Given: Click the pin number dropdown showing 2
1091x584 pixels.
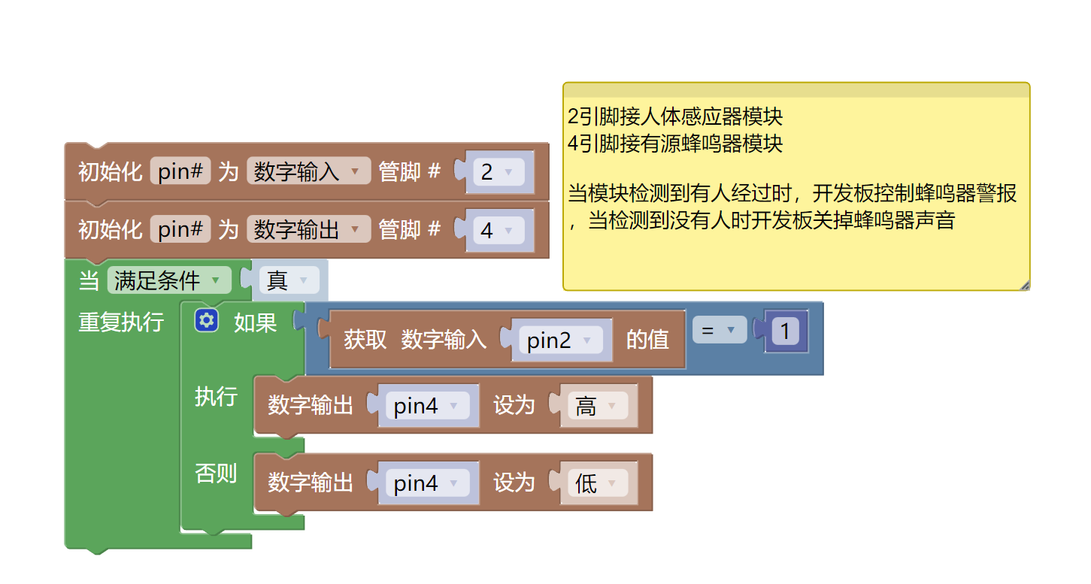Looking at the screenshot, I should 497,172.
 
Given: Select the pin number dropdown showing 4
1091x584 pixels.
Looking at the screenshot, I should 497,230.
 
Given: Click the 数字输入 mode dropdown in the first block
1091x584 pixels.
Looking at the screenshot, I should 308,172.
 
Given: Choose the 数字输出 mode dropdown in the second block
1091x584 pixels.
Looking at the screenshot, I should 308,230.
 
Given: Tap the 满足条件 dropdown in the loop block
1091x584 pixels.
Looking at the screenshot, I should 169,281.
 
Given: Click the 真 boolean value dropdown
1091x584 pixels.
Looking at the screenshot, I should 289,281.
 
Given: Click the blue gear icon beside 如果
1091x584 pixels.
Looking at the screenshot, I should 206,322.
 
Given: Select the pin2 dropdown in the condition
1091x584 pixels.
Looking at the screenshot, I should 560,340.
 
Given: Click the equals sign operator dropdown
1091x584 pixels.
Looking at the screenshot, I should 719,330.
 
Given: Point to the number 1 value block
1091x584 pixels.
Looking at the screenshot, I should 785,331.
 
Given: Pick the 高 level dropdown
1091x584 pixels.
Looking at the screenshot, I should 596,406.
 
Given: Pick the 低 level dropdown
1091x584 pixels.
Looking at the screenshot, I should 596,483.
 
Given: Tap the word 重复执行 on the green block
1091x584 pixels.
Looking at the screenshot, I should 121,322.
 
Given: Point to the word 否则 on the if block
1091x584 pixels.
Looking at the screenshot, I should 216,474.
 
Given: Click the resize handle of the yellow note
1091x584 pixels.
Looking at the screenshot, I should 1024,285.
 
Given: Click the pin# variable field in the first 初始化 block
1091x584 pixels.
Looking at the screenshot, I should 180,172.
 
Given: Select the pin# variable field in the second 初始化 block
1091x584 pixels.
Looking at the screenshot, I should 180,230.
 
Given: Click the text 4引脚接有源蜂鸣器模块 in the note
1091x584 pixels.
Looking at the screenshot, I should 675,143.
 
